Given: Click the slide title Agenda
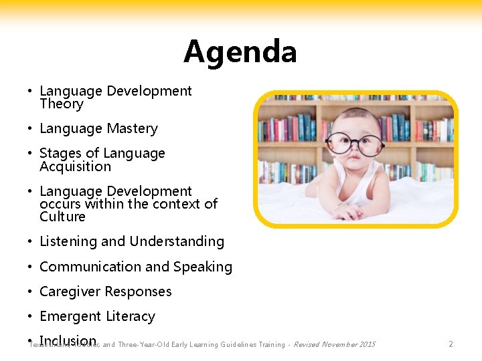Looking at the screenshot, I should coord(240,52).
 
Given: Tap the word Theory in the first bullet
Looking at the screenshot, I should coord(62,104).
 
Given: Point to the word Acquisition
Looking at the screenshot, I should coord(75,166).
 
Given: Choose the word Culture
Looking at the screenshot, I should coord(62,217).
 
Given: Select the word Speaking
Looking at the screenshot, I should coord(202,267).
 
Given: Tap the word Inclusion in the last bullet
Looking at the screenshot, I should coord(68,341).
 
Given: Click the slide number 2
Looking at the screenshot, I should coord(451,344).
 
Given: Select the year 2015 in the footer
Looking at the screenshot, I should coord(367,345).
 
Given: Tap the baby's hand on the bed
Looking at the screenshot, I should coord(349,212).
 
